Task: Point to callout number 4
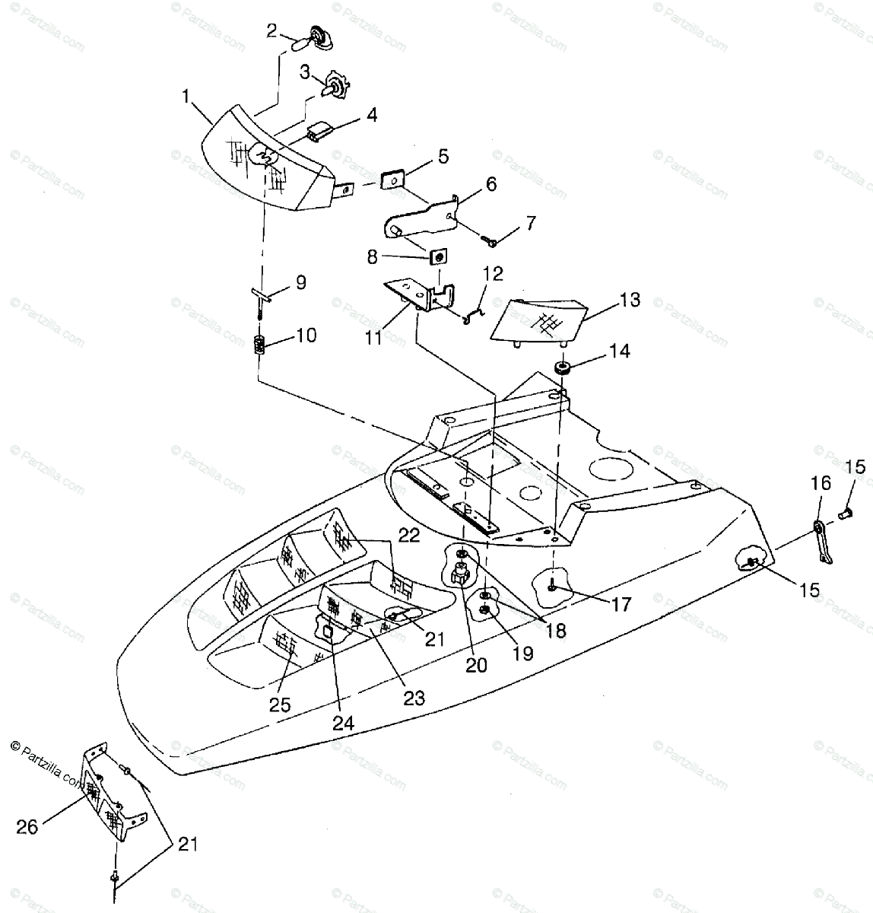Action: pos(371,115)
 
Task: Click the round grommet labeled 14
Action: pos(563,369)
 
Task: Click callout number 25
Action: pos(279,705)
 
